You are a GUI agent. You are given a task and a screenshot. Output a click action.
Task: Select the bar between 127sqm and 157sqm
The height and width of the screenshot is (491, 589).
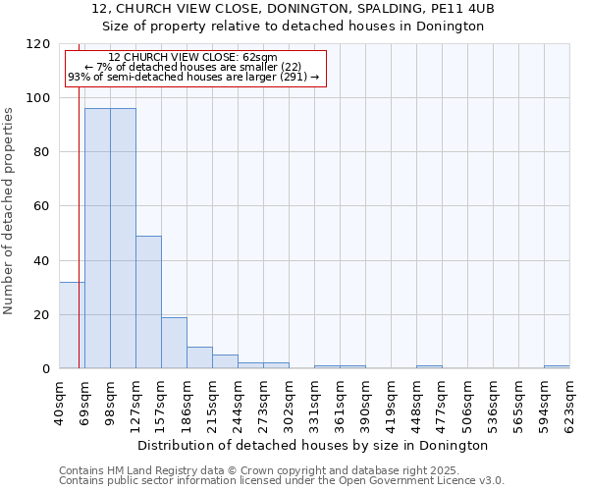point(148,302)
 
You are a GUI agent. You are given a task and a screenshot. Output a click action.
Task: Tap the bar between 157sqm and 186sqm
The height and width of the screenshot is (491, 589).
point(174,343)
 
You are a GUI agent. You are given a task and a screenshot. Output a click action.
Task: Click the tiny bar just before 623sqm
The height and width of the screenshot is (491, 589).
point(557,367)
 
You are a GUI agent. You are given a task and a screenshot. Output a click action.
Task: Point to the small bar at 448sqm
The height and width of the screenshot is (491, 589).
point(429,367)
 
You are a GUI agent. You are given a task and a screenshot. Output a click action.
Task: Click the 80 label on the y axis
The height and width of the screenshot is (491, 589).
point(42,152)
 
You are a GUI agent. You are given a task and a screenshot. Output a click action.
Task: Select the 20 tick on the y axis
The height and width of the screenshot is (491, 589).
point(42,315)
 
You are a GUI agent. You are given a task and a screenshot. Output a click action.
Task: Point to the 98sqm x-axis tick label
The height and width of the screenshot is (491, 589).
point(110,400)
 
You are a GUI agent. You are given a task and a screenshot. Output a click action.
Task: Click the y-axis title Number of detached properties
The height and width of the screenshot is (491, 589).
point(9,212)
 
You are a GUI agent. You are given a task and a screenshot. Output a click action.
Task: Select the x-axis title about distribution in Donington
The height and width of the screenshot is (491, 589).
point(314,446)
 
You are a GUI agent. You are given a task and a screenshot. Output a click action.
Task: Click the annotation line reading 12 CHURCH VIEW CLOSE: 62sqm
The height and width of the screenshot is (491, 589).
point(193,58)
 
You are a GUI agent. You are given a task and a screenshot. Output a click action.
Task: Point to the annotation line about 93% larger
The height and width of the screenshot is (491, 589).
point(193,77)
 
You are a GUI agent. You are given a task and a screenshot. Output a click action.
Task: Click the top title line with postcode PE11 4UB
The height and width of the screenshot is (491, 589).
point(293,8)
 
